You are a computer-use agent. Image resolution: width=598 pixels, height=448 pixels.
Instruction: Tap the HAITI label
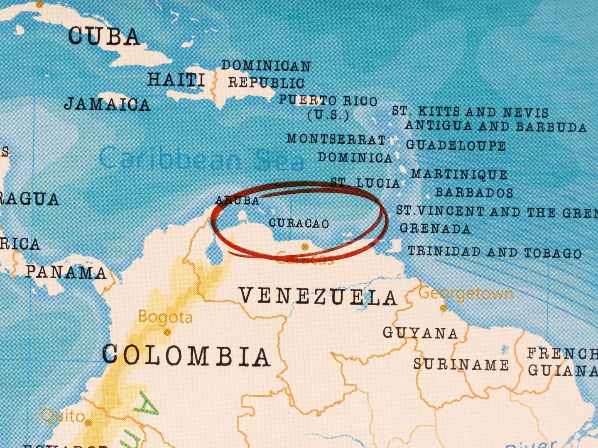click(x=176, y=79)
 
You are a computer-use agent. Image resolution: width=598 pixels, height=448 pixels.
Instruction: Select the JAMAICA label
click(x=107, y=104)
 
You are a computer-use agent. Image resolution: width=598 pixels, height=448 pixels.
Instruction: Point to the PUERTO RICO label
click(x=328, y=101)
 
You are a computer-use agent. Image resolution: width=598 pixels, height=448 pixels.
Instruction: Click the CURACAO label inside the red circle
click(x=299, y=224)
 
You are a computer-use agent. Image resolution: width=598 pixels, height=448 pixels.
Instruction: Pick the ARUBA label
click(x=237, y=201)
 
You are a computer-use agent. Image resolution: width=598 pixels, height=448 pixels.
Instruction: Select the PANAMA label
click(x=66, y=272)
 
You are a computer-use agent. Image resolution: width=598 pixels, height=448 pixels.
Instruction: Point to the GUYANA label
click(x=420, y=333)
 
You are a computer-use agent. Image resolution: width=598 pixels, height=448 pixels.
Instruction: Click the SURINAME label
click(x=461, y=365)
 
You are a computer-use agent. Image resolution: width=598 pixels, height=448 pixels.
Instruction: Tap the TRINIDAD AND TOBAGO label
click(x=495, y=252)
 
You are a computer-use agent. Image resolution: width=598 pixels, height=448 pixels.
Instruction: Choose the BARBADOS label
click(x=474, y=192)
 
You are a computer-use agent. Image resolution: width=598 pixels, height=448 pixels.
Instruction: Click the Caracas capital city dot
click(x=305, y=247)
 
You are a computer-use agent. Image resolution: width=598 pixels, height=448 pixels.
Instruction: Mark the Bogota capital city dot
click(x=168, y=332)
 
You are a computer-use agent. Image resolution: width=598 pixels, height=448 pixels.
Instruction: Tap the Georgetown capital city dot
click(x=443, y=308)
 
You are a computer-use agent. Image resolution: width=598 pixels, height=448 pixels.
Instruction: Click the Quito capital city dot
click(x=88, y=423)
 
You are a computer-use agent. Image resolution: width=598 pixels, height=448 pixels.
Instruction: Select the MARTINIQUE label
click(x=459, y=174)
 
